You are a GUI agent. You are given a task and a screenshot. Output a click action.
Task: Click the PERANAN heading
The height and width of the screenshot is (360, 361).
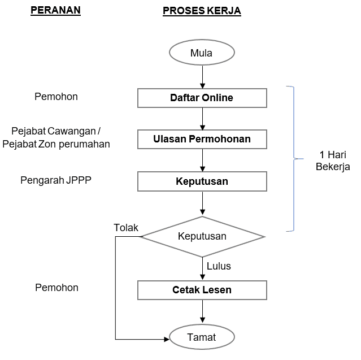(x=55, y=11)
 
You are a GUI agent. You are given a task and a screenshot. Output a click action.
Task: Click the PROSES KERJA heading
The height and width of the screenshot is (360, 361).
(x=202, y=11)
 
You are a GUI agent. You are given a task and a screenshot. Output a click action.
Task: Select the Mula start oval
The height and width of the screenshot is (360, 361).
(x=202, y=53)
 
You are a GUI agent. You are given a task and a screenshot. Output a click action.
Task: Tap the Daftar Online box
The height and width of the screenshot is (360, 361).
(x=202, y=98)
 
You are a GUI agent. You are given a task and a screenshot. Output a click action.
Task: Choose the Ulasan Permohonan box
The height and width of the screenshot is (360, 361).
(x=202, y=138)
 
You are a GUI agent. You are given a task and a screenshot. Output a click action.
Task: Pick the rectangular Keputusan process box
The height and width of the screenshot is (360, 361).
(x=202, y=182)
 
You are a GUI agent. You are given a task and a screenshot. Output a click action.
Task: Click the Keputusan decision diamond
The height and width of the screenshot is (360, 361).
(x=202, y=236)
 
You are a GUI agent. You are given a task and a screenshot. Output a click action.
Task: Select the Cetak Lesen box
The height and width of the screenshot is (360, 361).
(x=202, y=290)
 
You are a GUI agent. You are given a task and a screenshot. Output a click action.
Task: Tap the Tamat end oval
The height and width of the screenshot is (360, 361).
(x=202, y=338)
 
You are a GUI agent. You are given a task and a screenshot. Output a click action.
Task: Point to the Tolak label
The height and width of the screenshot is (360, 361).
(x=126, y=228)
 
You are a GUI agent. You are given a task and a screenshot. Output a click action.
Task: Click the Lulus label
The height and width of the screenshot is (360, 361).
(x=219, y=266)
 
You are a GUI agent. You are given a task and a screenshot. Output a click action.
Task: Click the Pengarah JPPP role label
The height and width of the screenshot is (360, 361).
(x=56, y=181)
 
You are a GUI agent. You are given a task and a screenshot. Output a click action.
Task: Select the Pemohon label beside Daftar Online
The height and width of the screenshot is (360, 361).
(x=56, y=97)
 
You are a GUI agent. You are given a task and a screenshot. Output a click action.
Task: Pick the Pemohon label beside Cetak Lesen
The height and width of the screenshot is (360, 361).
(x=56, y=288)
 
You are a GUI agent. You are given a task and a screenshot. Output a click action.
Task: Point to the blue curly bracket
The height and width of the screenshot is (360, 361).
(x=292, y=159)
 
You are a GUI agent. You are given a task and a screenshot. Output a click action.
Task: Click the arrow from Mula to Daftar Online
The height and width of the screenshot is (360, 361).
(x=202, y=75)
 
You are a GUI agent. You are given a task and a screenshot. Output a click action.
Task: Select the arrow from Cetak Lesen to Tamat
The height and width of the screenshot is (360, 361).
(x=202, y=313)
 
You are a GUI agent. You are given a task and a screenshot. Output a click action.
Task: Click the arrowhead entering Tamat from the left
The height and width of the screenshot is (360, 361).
(x=166, y=339)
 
